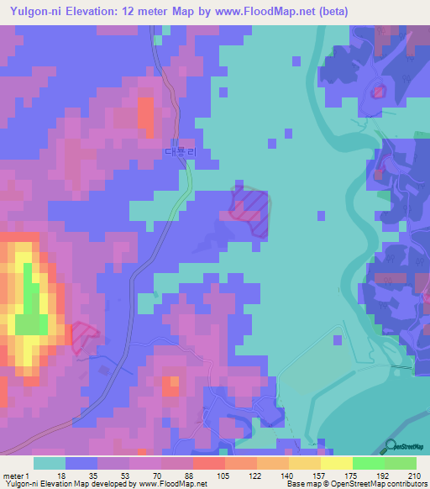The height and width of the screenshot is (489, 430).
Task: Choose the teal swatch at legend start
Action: (x=50, y=462)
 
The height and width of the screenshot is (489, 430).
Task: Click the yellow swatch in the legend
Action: (x=336, y=462)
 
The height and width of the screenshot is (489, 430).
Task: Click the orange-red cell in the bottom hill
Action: (x=171, y=385)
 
